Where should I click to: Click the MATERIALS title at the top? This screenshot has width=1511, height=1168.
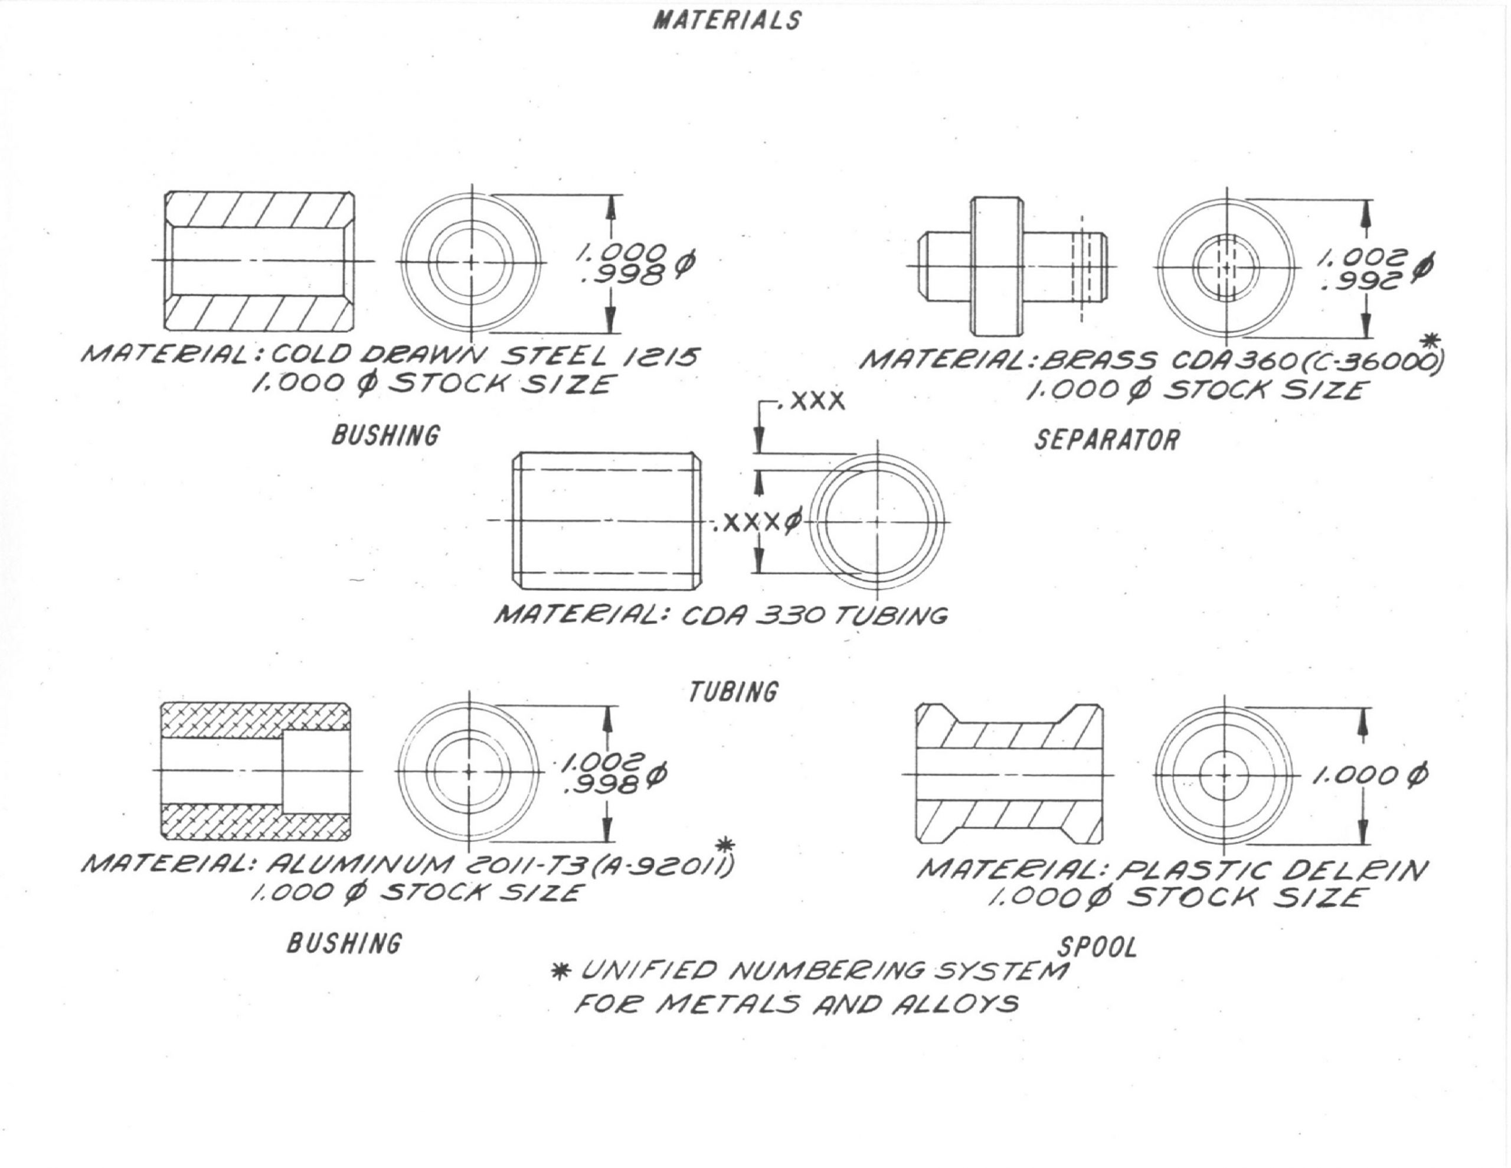click(x=727, y=20)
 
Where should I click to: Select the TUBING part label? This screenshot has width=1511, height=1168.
click(x=733, y=692)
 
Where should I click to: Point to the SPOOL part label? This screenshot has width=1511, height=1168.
click(x=1097, y=947)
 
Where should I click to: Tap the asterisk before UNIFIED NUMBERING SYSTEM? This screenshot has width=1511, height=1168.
click(x=560, y=971)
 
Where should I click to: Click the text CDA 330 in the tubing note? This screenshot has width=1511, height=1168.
click(x=755, y=616)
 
